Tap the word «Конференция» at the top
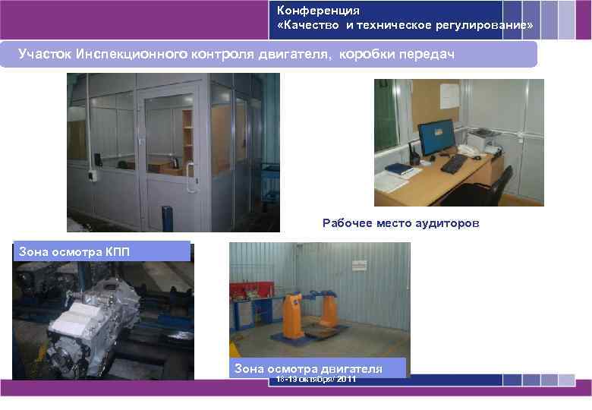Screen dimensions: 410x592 318,11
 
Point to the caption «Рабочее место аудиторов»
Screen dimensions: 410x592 401,223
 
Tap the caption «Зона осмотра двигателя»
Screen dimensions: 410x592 308,368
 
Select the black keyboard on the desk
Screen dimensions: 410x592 455,163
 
